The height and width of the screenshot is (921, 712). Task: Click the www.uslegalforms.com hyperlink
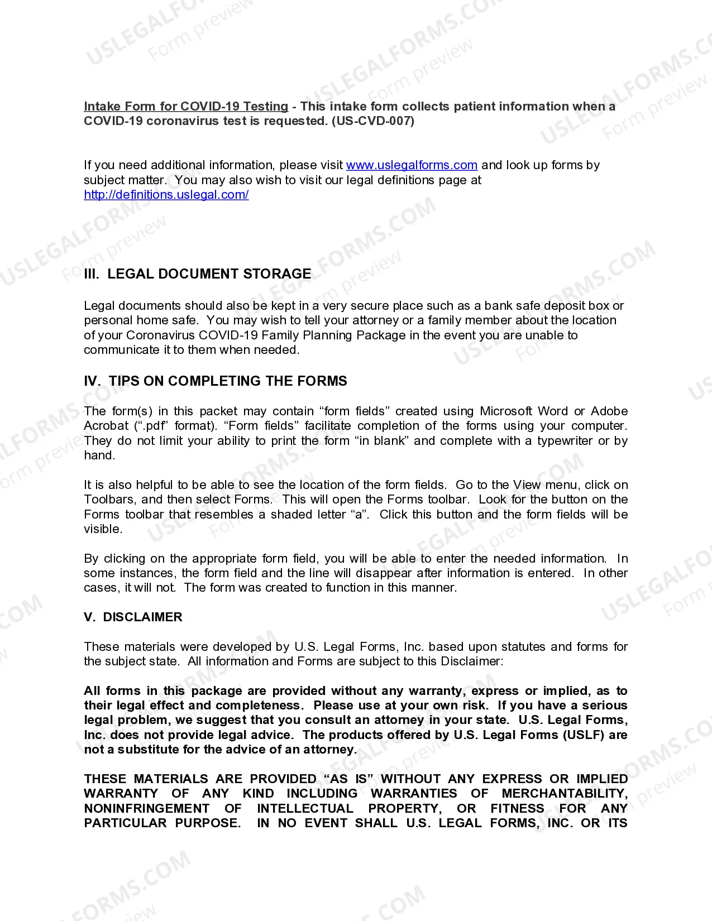pyautogui.click(x=412, y=165)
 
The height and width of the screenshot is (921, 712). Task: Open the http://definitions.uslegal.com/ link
pyautogui.click(x=166, y=195)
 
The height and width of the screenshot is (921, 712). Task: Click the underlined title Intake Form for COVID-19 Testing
pyautogui.click(x=186, y=106)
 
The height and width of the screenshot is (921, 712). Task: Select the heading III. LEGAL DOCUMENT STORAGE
pyautogui.click(x=198, y=274)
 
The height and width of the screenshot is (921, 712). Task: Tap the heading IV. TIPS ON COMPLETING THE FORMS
pyautogui.click(x=216, y=381)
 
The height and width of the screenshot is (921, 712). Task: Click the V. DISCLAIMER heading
pyautogui.click(x=133, y=617)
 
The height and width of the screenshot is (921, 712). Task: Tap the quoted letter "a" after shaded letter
pyautogui.click(x=362, y=515)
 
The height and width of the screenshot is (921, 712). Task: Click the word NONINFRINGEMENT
pyautogui.click(x=147, y=809)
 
